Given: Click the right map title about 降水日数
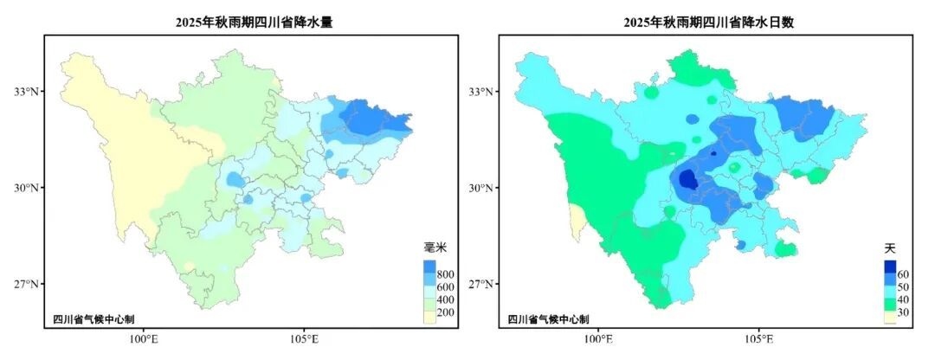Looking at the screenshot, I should [x=708, y=23].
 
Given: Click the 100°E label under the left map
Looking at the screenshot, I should [x=143, y=339].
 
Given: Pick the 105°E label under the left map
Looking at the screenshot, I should [x=304, y=339].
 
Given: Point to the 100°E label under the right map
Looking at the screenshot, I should [x=598, y=339].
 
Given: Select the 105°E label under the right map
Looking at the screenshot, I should [x=759, y=339].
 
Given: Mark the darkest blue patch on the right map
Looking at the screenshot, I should [x=688, y=180].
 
